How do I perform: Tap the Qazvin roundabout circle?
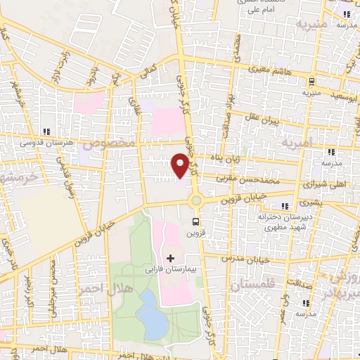point(196,200)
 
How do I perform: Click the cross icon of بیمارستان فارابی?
point(170,258)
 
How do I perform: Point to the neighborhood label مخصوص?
point(110,143)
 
